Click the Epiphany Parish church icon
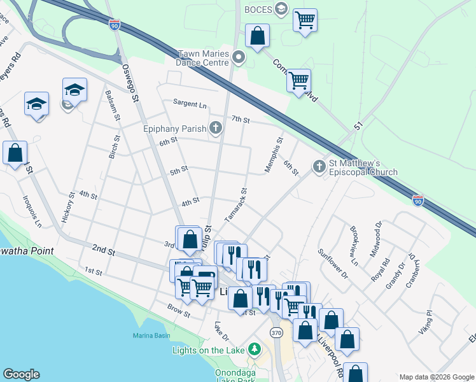click(x=216, y=129)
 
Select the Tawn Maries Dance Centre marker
click(x=239, y=59)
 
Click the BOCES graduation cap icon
click(x=281, y=9)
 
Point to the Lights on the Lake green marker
click(x=255, y=350)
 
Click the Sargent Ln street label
click(x=190, y=104)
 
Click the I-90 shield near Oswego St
click(x=114, y=25)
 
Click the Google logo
click(x=21, y=374)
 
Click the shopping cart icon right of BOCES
click(x=305, y=20)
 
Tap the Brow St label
click(x=179, y=311)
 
